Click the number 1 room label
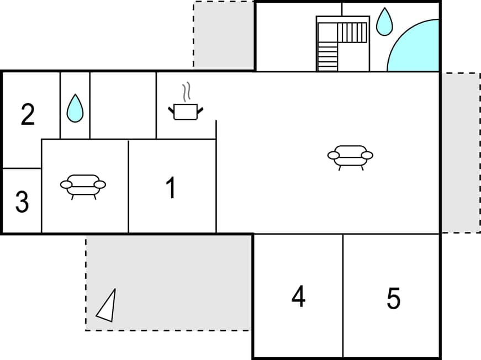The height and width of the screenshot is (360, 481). coord(171,188)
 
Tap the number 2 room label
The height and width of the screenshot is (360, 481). coord(28,115)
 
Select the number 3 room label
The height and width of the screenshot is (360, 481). coord(22,202)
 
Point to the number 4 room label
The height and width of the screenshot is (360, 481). coord(298,297)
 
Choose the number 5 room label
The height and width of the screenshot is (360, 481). coord(393,299)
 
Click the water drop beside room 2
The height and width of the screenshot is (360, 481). coord(75,108)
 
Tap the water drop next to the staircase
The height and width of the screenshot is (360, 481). coord(384,22)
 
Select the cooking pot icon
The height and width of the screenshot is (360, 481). coord(186,112)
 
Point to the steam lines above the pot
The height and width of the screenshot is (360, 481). coord(187,92)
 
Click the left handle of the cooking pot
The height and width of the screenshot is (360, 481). coord(171,109)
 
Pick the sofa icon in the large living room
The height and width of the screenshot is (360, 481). coord(350,157)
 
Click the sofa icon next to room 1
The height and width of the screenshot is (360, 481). coord(83,186)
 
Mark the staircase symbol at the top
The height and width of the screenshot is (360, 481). coord(342,44)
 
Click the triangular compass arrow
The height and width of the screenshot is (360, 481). coord(107,306)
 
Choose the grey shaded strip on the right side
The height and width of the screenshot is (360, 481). coord(460,152)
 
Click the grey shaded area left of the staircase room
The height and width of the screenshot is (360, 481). coord(224,34)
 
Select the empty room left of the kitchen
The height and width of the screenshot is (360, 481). coord(123,105)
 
